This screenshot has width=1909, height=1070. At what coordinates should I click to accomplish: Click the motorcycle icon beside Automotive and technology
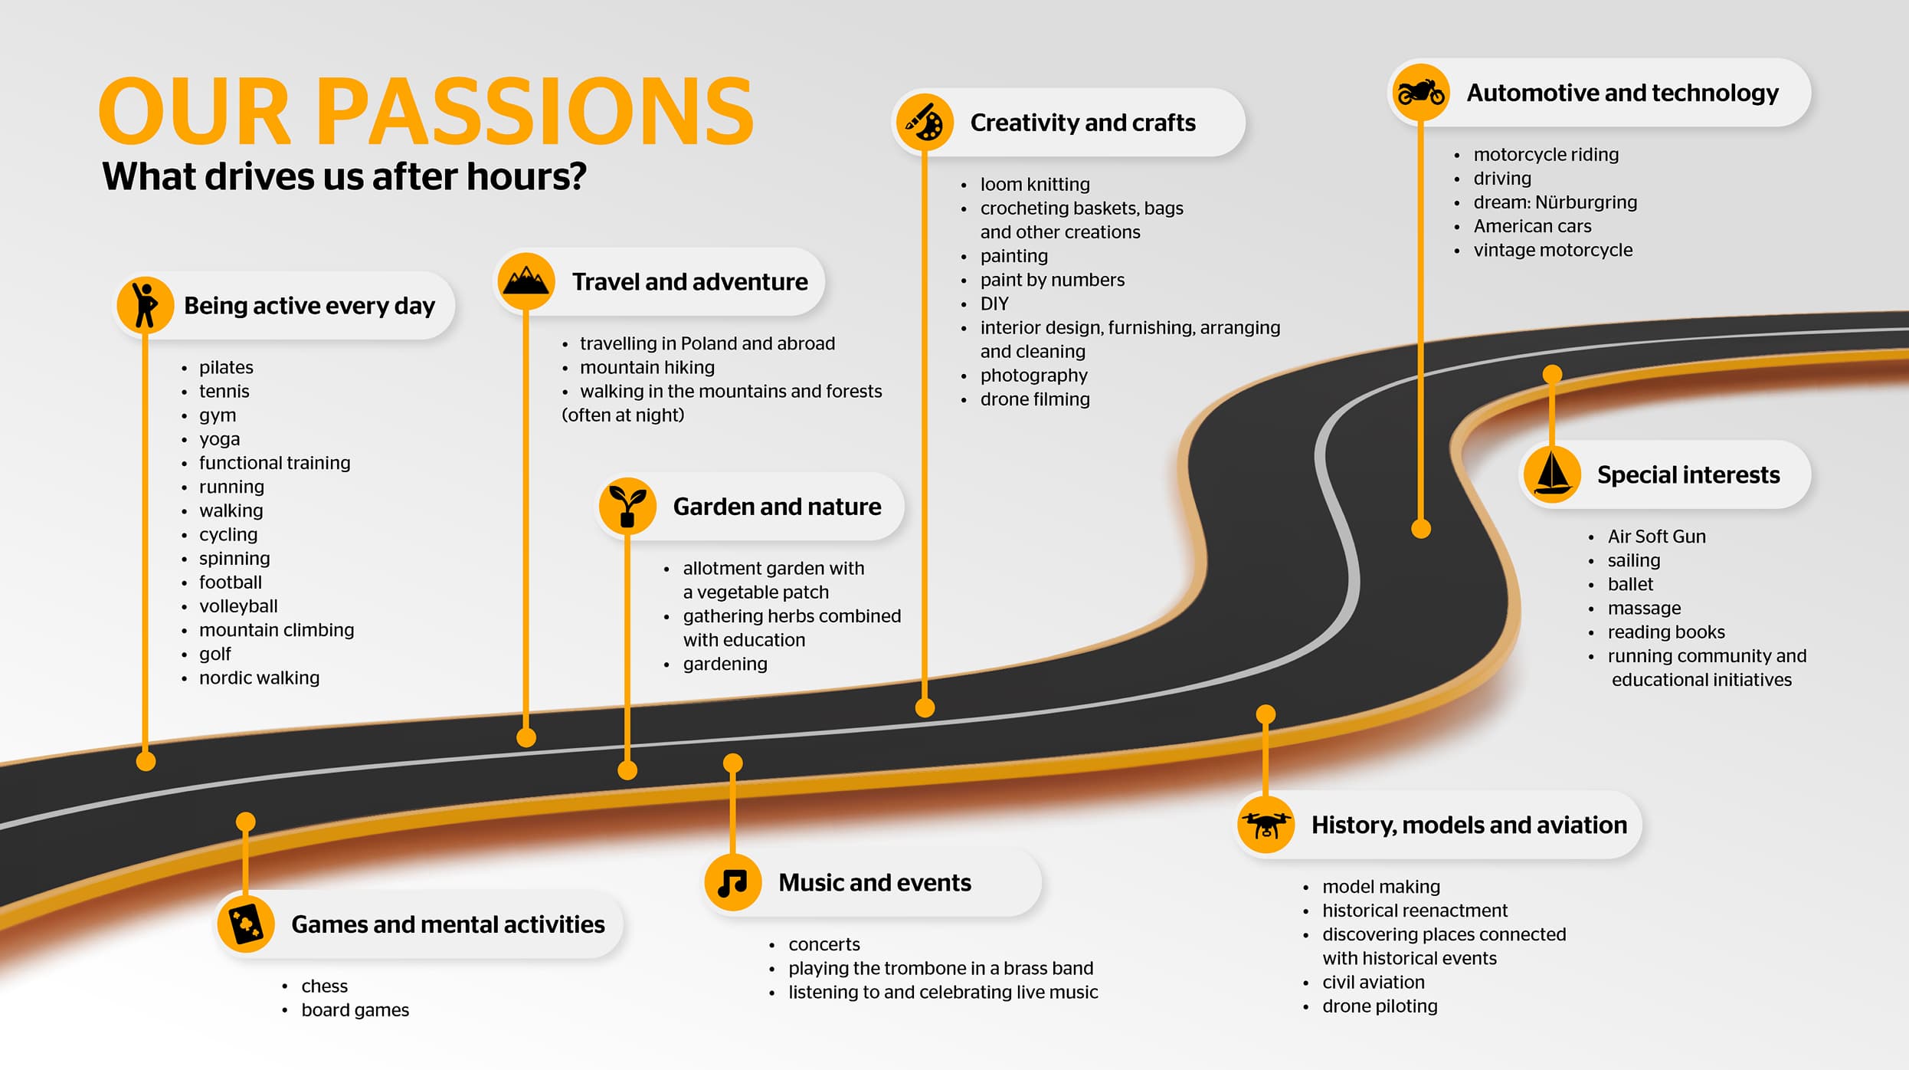1421,93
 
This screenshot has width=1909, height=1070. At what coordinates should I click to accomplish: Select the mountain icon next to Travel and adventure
526,281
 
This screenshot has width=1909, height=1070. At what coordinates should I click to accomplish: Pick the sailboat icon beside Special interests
1552,474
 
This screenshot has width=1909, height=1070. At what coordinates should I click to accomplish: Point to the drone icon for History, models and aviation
1266,825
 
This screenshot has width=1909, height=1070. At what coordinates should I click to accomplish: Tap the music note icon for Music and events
732,883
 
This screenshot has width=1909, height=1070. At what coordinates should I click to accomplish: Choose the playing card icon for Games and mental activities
246,924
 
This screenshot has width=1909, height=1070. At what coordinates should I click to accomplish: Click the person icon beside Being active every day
145,305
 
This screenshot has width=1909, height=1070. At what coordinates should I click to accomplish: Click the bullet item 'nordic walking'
259,678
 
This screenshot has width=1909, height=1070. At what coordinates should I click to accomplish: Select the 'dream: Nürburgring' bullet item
1555,202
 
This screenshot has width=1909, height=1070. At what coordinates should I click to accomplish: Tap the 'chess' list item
324,986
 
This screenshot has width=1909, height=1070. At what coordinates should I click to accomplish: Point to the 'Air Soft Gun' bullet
1656,537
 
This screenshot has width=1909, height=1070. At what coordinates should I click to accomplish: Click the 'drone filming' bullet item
1035,399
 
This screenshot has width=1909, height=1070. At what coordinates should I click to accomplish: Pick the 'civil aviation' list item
1374,983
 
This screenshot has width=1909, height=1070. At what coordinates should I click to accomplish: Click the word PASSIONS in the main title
535,112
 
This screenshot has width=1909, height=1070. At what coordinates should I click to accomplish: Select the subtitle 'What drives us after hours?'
345,176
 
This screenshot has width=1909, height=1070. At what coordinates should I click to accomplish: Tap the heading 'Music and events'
875,883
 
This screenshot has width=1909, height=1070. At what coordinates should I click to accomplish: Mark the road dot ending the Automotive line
1421,529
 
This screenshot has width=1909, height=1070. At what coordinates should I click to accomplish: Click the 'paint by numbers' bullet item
1053,281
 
